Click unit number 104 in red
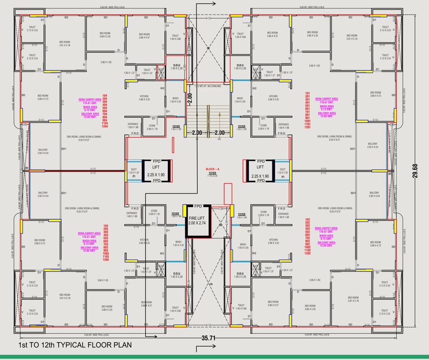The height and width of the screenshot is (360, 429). coord(105,96)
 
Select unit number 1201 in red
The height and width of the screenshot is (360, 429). coord(308,127)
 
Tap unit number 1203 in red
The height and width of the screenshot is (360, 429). coord(105,259)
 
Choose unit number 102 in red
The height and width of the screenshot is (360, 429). coord(308,219)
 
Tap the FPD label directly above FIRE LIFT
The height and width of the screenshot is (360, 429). coord(198,206)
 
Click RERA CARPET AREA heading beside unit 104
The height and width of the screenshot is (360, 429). coord(90,99)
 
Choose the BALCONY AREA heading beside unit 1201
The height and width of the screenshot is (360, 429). coord(326,113)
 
